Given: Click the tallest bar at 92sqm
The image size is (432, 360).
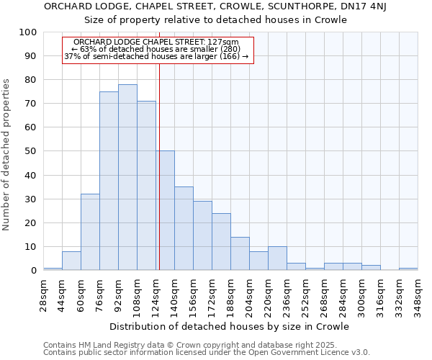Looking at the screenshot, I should pos(127,177).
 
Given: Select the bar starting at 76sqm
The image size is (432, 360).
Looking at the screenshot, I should pos(109,181).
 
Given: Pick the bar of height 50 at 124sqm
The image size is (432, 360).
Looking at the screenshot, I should pos(165,210).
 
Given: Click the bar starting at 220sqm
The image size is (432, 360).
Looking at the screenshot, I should pos(277,258).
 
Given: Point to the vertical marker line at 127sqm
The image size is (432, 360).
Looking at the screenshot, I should pos(159,166).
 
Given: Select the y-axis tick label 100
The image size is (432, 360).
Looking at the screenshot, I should pos(27,32).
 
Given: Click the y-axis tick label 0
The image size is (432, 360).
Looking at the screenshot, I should pos(33,271).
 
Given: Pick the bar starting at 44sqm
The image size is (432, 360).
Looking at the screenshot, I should pos(71,261).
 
